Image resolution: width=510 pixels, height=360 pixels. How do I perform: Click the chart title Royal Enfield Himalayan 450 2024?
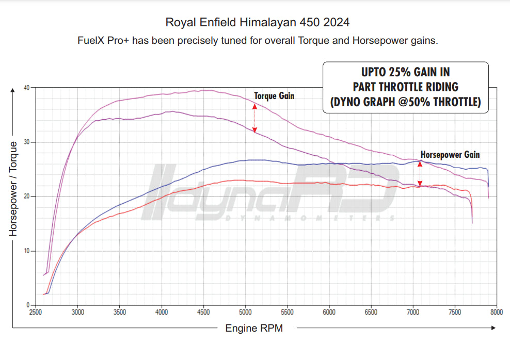coord(257,23)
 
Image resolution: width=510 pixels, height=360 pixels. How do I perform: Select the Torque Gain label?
coord(274,95)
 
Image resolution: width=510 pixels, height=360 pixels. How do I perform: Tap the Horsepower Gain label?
coord(450,154)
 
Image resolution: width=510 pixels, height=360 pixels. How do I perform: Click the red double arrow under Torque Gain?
coord(254,118)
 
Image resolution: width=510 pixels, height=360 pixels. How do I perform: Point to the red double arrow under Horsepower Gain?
coord(420,173)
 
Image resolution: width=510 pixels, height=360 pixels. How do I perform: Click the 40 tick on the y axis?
coord(27,88)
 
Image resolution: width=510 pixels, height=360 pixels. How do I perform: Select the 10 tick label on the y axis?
coord(27,251)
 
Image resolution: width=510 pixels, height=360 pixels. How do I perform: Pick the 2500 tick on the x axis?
coord(36,313)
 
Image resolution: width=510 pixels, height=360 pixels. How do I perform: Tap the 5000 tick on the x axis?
coord(245,313)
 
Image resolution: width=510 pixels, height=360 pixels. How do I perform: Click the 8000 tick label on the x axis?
coord(497,313)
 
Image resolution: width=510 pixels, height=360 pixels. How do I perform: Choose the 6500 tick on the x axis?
coord(371,313)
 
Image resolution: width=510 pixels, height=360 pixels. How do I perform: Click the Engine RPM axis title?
coord(254,328)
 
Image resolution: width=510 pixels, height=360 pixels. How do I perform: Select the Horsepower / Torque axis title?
coord(13,189)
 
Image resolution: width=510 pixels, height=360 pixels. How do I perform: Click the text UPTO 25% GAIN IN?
coord(405,72)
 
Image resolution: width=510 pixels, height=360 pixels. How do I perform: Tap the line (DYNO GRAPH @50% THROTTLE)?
coord(405,102)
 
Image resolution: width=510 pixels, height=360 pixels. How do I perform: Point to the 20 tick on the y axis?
coord(27,197)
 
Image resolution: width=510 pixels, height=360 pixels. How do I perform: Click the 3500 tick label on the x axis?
coord(119,313)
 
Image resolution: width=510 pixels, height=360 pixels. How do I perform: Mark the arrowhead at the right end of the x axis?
coord(493,328)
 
